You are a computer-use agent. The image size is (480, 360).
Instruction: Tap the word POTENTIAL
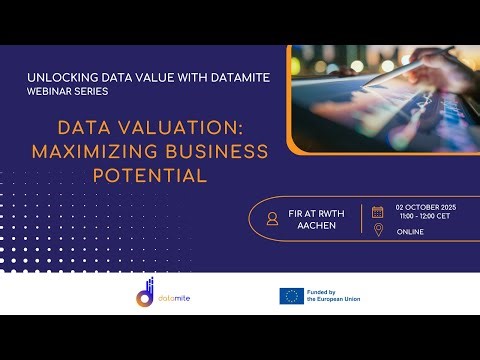[150, 175]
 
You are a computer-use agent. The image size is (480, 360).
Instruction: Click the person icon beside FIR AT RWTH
[272, 219]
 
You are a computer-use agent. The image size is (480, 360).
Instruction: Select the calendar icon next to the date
[377, 212]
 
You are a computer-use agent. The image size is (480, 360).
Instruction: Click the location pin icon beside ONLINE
[377, 231]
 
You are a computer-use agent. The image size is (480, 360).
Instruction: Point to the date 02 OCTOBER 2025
[424, 208]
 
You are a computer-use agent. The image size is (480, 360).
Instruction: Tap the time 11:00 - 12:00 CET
[424, 217]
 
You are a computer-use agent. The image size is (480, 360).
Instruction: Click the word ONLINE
[410, 232]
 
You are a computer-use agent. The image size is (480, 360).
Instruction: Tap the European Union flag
[292, 295]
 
